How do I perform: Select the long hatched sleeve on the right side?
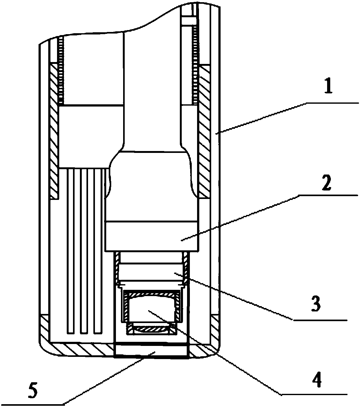[205, 132]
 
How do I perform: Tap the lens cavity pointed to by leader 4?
[150, 309]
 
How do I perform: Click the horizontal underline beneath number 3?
[320, 320]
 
